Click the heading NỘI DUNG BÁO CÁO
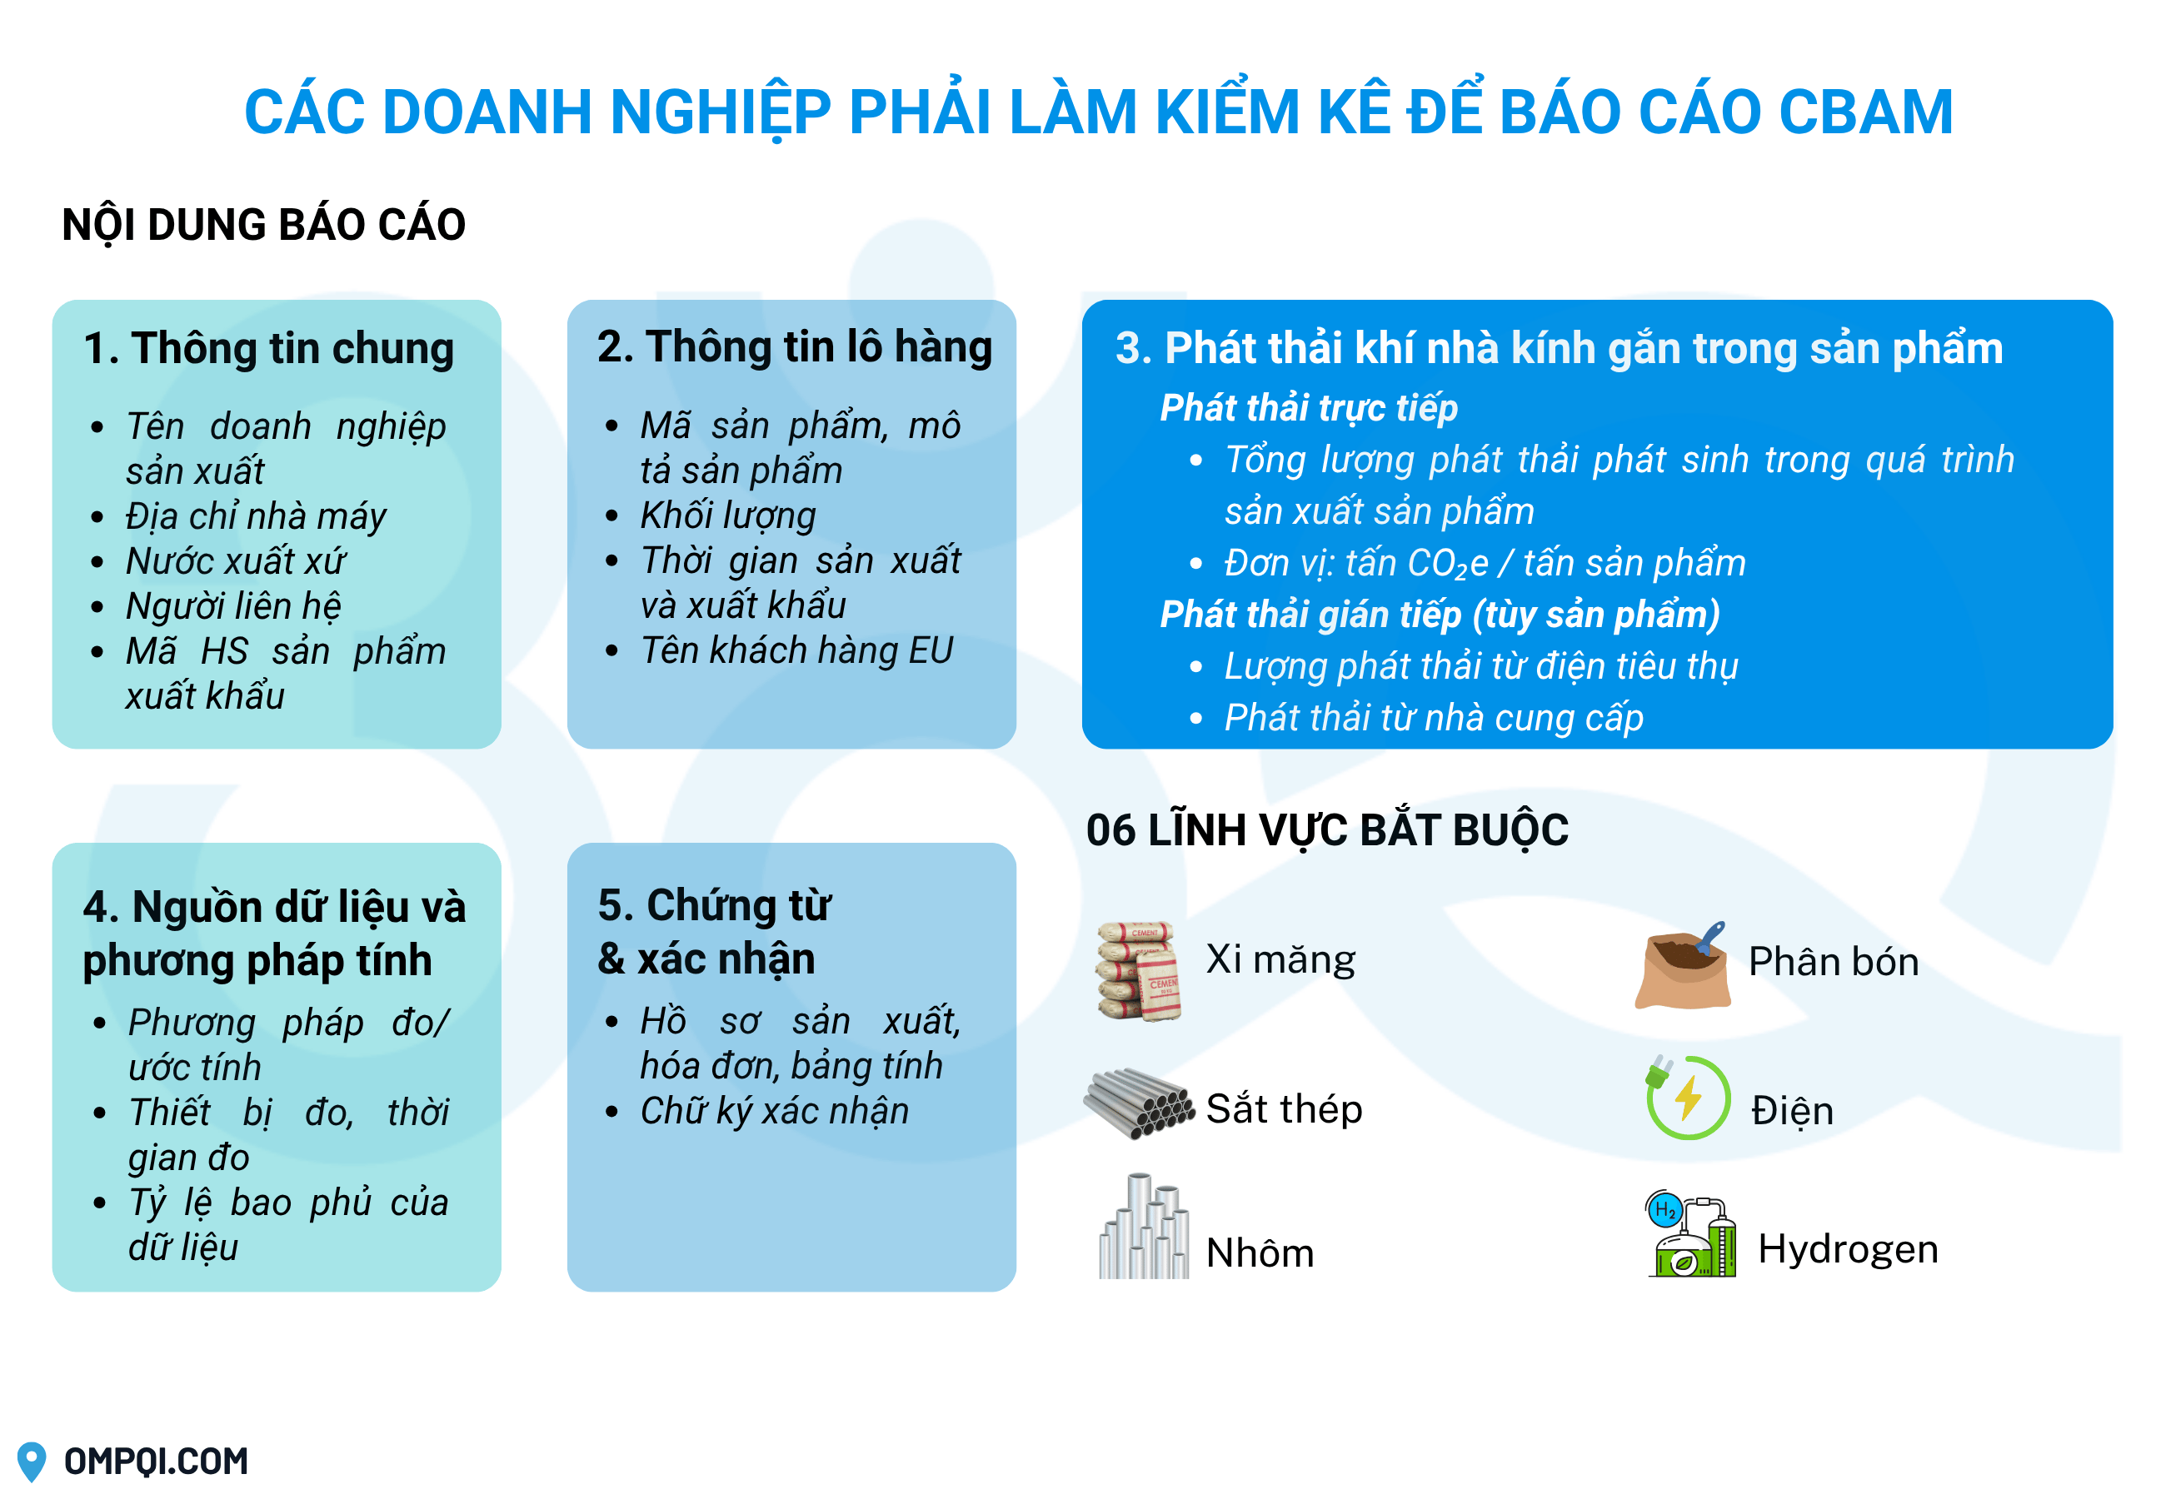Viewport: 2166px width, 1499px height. (264, 226)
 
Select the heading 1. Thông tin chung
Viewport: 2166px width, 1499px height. (268, 348)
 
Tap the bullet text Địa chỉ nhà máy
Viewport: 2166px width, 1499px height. (256, 515)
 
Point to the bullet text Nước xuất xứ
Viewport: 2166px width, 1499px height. (235, 560)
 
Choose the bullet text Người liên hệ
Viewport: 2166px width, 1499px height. (233, 605)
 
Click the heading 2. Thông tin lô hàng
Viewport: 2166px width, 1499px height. (795, 346)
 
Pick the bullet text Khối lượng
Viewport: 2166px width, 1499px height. (728, 515)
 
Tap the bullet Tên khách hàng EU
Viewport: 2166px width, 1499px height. (796, 650)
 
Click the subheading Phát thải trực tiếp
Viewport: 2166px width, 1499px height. (1309, 407)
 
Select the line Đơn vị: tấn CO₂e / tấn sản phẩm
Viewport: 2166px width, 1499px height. (1484, 563)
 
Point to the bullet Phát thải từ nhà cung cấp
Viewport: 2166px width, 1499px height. (1434, 718)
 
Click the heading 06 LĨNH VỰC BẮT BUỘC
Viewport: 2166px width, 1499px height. (1326, 830)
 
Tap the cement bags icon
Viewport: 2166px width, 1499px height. (1139, 970)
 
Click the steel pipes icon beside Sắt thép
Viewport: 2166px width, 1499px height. (1139, 1103)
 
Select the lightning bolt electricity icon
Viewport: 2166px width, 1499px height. (1687, 1098)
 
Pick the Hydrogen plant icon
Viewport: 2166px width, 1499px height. (1690, 1234)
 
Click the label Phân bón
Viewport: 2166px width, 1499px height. (1833, 962)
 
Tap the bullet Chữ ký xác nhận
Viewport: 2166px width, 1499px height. (774, 1111)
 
